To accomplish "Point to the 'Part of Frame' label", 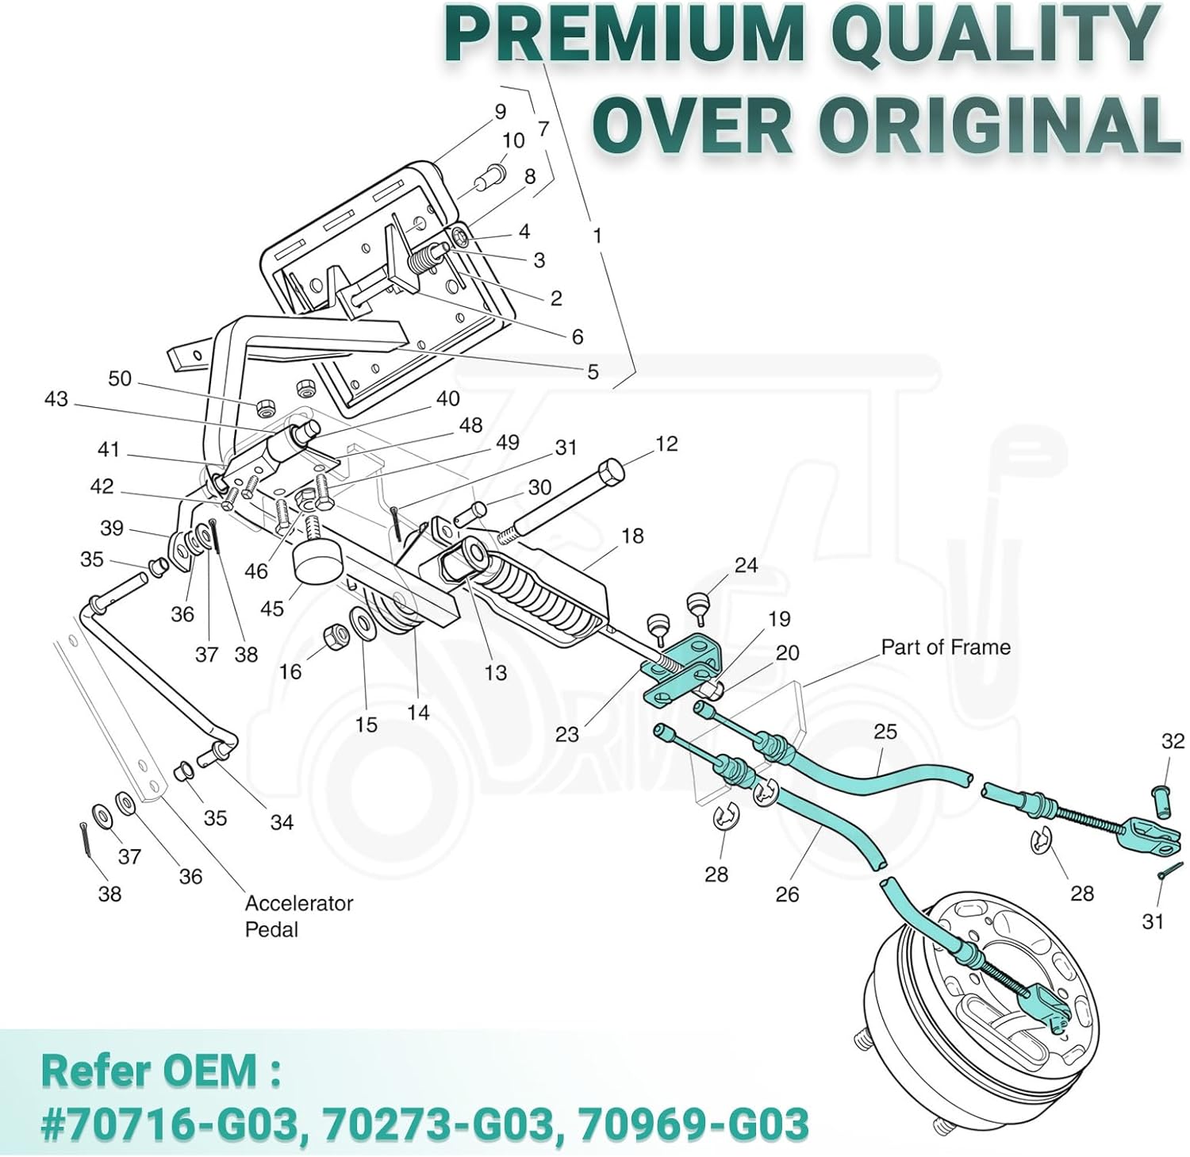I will (x=946, y=648).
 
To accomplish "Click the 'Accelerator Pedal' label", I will (x=298, y=916).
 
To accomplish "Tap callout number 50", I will (x=120, y=379).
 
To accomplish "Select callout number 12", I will (x=666, y=444).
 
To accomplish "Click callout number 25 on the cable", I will (x=885, y=731).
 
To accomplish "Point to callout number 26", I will (x=787, y=894).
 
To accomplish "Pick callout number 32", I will (x=1173, y=741).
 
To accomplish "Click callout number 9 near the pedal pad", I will (x=500, y=112).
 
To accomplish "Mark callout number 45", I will (x=272, y=609).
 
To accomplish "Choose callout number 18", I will (x=632, y=536).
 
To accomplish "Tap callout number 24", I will (x=746, y=565).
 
